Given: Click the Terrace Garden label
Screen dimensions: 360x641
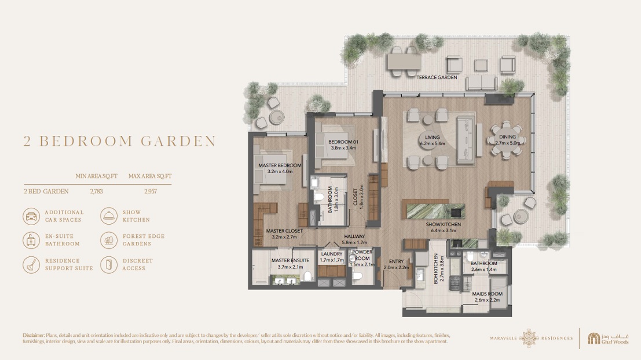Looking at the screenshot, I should pos(437,77).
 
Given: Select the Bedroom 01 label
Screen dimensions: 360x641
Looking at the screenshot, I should pos(344,142).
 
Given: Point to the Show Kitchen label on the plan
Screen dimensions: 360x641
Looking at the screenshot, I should pos(443,224).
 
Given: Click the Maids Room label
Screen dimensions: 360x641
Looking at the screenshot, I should pos(488,294).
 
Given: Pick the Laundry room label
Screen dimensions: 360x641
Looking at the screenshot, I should pos(332,254).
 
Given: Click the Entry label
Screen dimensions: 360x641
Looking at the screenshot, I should pos(397,262).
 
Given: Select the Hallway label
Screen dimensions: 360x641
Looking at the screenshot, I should pos(354,237).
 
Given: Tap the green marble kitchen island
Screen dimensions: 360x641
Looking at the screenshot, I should pos(432,209).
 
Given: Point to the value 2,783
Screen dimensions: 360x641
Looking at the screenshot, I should pos(96,191).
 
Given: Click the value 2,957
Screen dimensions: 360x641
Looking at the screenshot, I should pos(150,191).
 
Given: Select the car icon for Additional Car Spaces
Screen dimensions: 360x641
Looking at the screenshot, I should pos(31,216).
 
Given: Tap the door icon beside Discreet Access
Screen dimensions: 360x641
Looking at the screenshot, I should pos(108,265).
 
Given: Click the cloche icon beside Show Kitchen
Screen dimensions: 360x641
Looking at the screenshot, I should pos(108,216).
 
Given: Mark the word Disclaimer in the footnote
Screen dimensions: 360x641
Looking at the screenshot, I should pos(34,335).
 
